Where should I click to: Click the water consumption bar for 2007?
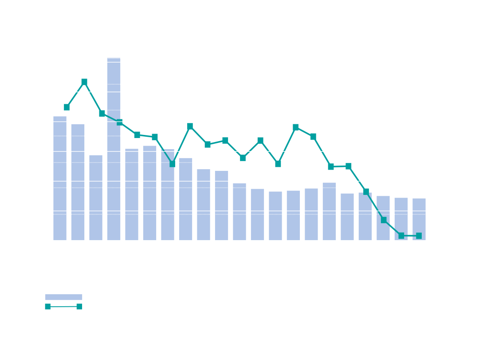tap(114, 149)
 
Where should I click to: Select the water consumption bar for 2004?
tap(60, 178)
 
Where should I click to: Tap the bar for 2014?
tap(239, 211)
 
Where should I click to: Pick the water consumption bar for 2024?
tap(419, 219)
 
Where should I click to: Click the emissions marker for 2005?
tap(84, 82)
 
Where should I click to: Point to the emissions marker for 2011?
tap(190, 127)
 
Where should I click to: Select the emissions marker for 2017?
tap(296, 128)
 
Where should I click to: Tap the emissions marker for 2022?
tap(384, 220)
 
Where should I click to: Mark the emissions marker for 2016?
tap(278, 164)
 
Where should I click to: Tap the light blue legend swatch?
tap(64, 297)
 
